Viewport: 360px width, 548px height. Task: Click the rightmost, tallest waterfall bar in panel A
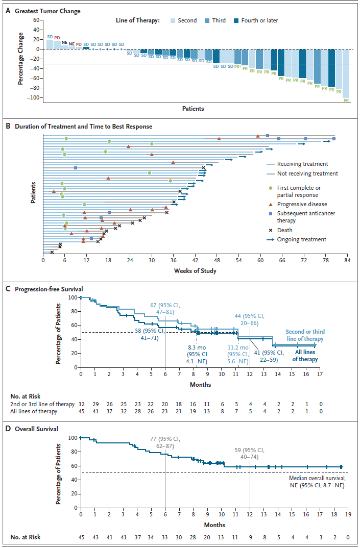(346, 73)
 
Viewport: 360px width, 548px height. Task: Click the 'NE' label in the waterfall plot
(71, 44)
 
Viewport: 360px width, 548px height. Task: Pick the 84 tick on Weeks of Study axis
(346, 260)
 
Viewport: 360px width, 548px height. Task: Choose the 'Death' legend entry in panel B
(286, 230)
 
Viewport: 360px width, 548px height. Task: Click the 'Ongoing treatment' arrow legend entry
(301, 239)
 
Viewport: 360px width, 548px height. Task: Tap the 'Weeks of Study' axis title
(195, 270)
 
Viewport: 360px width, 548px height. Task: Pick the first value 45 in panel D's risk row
(81, 537)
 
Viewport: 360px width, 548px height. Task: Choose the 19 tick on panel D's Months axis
(347, 515)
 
